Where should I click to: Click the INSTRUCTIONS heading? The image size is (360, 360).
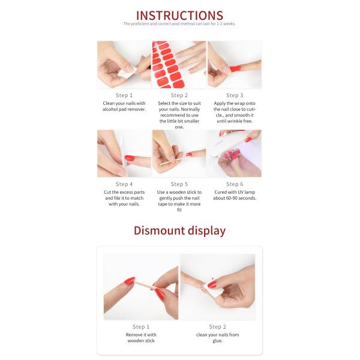tap(179, 15)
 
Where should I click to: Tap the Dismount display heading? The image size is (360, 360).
tap(179, 230)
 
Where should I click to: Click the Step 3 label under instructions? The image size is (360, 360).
tap(234, 95)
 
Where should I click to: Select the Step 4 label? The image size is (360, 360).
tap(124, 184)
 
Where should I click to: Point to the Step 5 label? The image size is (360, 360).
tap(179, 184)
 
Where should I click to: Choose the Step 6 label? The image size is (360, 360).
tap(234, 184)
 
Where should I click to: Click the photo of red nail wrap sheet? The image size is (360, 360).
tap(179, 65)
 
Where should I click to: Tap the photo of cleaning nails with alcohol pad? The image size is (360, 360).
tap(124, 65)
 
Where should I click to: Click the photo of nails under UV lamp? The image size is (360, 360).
tap(234, 154)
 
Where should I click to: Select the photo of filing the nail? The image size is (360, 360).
tap(124, 154)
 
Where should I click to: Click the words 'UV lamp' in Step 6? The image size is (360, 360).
tap(242, 193)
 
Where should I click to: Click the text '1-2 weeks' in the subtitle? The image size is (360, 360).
tap(226, 24)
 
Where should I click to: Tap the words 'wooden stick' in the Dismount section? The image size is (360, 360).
tap(140, 341)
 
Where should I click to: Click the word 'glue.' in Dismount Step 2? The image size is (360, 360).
tap(217, 341)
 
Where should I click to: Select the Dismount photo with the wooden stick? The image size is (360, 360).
tap(141, 287)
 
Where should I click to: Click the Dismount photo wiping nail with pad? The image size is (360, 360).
tap(217, 287)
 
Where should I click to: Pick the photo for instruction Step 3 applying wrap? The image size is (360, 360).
tap(234, 65)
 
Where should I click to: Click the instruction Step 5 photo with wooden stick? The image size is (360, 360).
tap(179, 154)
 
